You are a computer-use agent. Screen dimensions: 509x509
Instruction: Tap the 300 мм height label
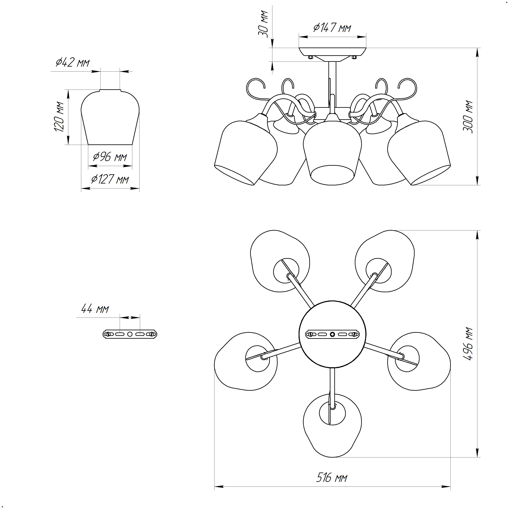click(x=468, y=117)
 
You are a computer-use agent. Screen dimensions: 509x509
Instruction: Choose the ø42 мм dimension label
click(x=73, y=62)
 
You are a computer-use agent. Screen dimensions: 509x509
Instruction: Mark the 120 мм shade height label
click(x=59, y=117)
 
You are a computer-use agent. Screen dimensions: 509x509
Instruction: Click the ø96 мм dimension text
click(x=110, y=157)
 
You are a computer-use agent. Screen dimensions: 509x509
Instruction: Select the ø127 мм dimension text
click(x=110, y=179)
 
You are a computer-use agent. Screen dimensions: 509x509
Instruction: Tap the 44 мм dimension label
click(x=95, y=309)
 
